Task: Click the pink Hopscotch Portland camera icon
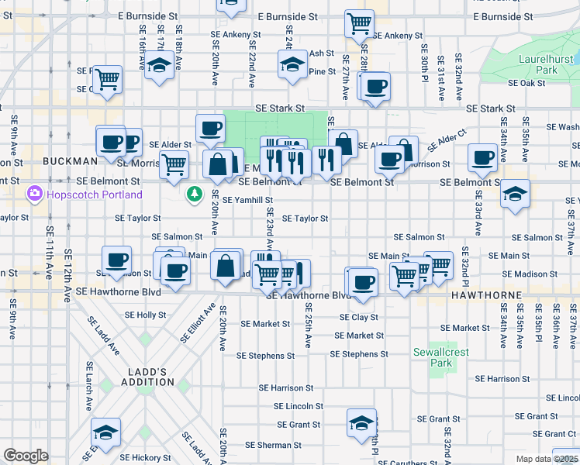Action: pos(33,193)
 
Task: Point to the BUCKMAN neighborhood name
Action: pos(69,161)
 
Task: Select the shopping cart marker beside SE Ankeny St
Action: pos(359,25)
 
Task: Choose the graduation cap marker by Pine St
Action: pos(293,65)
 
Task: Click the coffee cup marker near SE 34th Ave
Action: pos(483,157)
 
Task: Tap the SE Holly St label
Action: pos(146,315)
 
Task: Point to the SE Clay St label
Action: pos(358,317)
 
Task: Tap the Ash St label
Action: pos(321,53)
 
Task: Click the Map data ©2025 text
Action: pos(543,459)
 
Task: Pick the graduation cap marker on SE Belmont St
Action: pos(515,194)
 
